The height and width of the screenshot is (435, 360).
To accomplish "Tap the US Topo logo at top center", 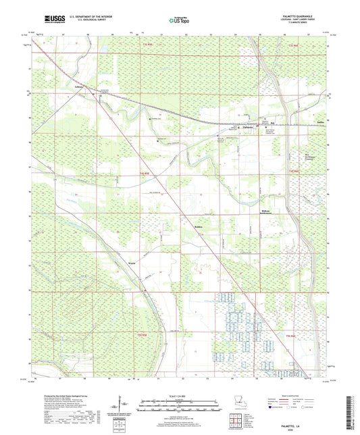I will pyautogui.click(x=177, y=21).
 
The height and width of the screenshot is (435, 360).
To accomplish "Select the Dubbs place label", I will pyautogui.click(x=322, y=122).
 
